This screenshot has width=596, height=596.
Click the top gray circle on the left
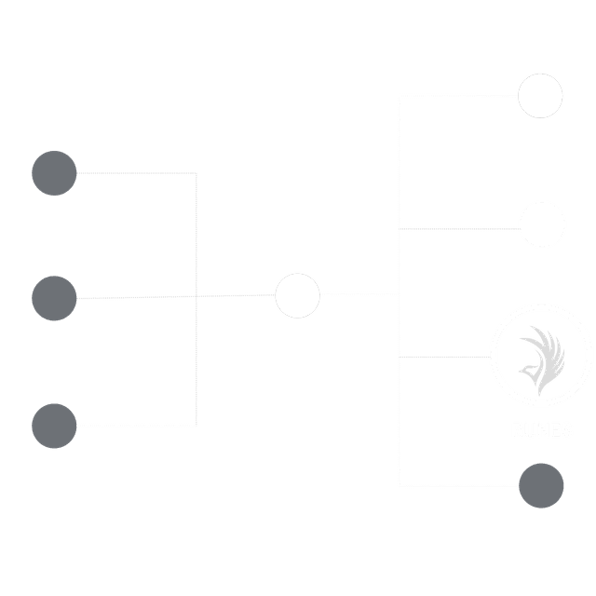pyautogui.click(x=54, y=173)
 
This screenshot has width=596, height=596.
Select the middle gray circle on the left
pyautogui.click(x=54, y=298)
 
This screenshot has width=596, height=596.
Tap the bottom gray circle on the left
pyautogui.click(x=54, y=426)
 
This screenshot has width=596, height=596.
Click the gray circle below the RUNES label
pyautogui.click(x=541, y=486)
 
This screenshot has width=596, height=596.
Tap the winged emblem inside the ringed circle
pyautogui.click(x=541, y=357)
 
